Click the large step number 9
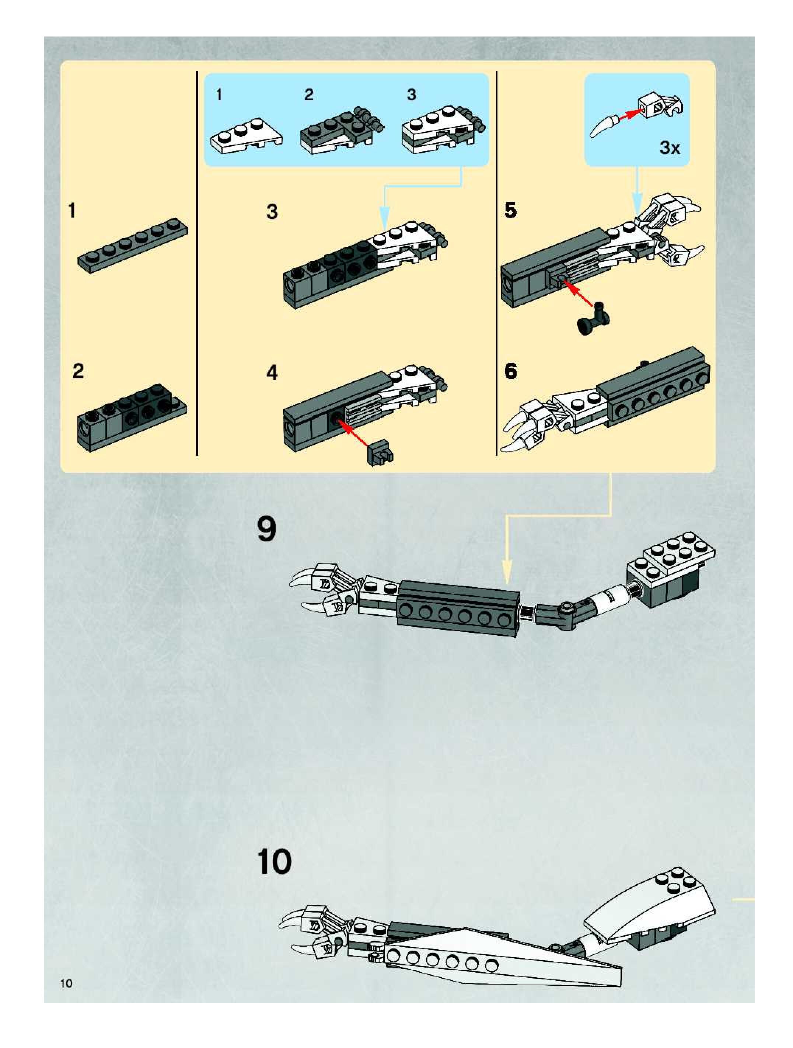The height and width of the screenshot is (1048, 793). point(266,529)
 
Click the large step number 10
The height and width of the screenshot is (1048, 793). point(274,862)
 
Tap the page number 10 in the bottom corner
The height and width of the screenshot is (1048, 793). point(66,983)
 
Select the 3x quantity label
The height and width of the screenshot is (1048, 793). point(670,148)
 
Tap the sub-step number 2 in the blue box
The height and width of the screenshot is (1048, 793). point(309,95)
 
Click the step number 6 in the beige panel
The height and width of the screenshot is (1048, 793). point(510,371)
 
